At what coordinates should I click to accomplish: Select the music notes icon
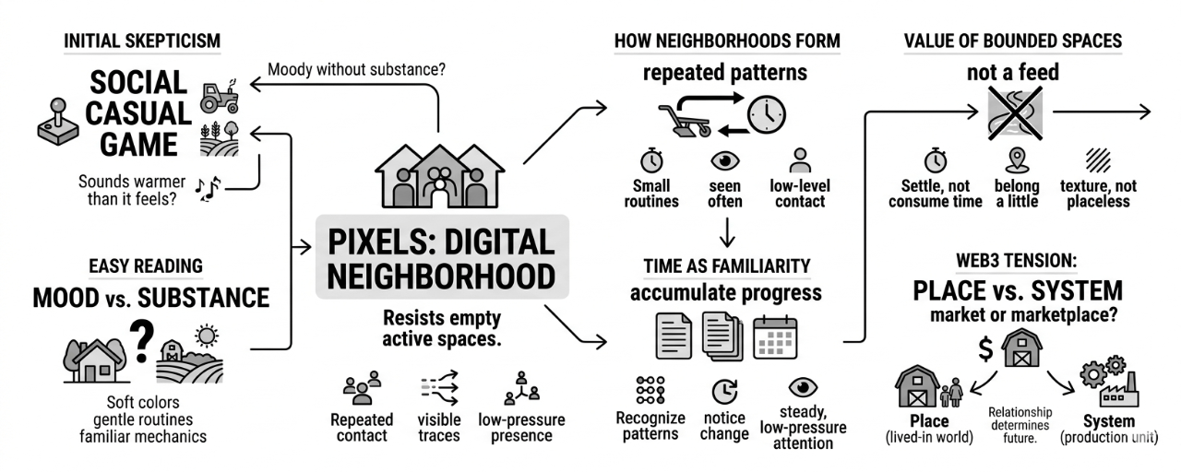[x=208, y=188]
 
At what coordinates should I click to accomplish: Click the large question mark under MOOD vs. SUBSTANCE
[x=141, y=342]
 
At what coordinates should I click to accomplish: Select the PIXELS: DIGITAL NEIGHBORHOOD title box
[x=442, y=257]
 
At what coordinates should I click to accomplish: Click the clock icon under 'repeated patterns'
[x=766, y=115]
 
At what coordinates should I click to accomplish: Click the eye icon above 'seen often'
[x=724, y=159]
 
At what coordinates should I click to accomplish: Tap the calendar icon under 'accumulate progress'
[x=774, y=336]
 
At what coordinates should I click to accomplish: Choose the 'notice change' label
[x=724, y=425]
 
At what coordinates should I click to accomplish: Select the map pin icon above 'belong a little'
[x=1016, y=159]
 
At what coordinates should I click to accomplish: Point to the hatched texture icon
[x=1098, y=159]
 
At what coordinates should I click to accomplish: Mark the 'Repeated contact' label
[x=362, y=427]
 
